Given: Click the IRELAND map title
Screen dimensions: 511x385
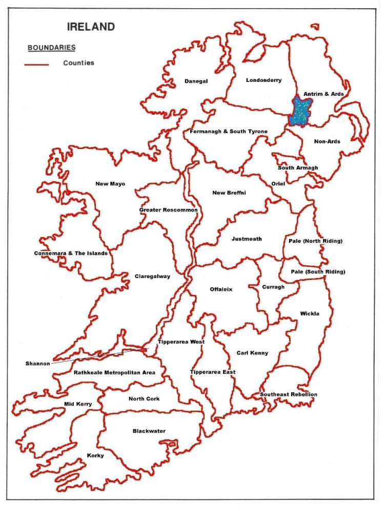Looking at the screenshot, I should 91,27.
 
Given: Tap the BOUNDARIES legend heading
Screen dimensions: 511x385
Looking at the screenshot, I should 51,48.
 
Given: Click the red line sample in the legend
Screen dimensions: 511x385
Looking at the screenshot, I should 36,65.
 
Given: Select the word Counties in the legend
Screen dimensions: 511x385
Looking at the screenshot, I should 78,63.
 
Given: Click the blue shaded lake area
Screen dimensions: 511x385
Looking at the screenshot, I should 300,112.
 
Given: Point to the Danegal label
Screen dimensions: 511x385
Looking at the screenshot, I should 196,81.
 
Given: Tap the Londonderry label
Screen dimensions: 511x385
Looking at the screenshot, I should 264,80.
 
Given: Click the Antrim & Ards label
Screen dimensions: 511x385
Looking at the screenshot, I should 323,94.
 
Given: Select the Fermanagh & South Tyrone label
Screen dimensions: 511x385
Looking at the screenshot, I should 228,132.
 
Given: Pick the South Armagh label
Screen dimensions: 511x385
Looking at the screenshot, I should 298,168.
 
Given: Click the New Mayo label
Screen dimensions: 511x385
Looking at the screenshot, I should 110,184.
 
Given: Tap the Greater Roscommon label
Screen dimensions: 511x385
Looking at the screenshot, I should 168,210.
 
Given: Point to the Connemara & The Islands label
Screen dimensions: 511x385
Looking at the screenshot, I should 71,253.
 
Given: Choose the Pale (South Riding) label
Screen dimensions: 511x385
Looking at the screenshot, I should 318,271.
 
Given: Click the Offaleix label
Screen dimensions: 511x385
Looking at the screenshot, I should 221,289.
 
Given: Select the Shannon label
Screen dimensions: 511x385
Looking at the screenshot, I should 37,364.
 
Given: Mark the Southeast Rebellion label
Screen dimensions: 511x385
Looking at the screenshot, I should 288,394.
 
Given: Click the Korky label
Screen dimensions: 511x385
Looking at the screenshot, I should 95,455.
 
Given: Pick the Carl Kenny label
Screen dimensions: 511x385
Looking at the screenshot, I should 252,353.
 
